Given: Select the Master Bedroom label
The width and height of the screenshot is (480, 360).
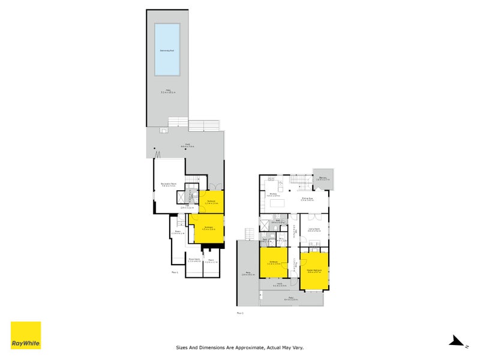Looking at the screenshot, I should [x=315, y=270].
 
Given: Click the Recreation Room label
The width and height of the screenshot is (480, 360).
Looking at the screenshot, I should [x=168, y=184].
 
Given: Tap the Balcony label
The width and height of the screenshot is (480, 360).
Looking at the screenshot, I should [x=323, y=178].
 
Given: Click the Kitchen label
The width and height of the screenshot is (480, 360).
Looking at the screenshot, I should [x=272, y=195].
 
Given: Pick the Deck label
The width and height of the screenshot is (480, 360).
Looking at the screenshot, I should [x=188, y=145].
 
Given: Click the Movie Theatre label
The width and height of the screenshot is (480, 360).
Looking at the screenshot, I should [x=193, y=260].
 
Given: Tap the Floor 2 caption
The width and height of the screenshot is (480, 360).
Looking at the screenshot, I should [x=240, y=313].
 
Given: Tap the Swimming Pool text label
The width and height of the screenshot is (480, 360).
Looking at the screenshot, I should [x=167, y=50].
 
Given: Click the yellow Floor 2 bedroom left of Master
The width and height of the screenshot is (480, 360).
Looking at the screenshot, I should [x=273, y=263].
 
